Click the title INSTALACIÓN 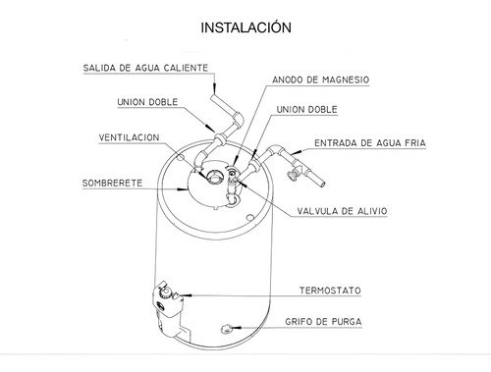click(x=245, y=27)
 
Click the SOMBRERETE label click(x=119, y=182)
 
